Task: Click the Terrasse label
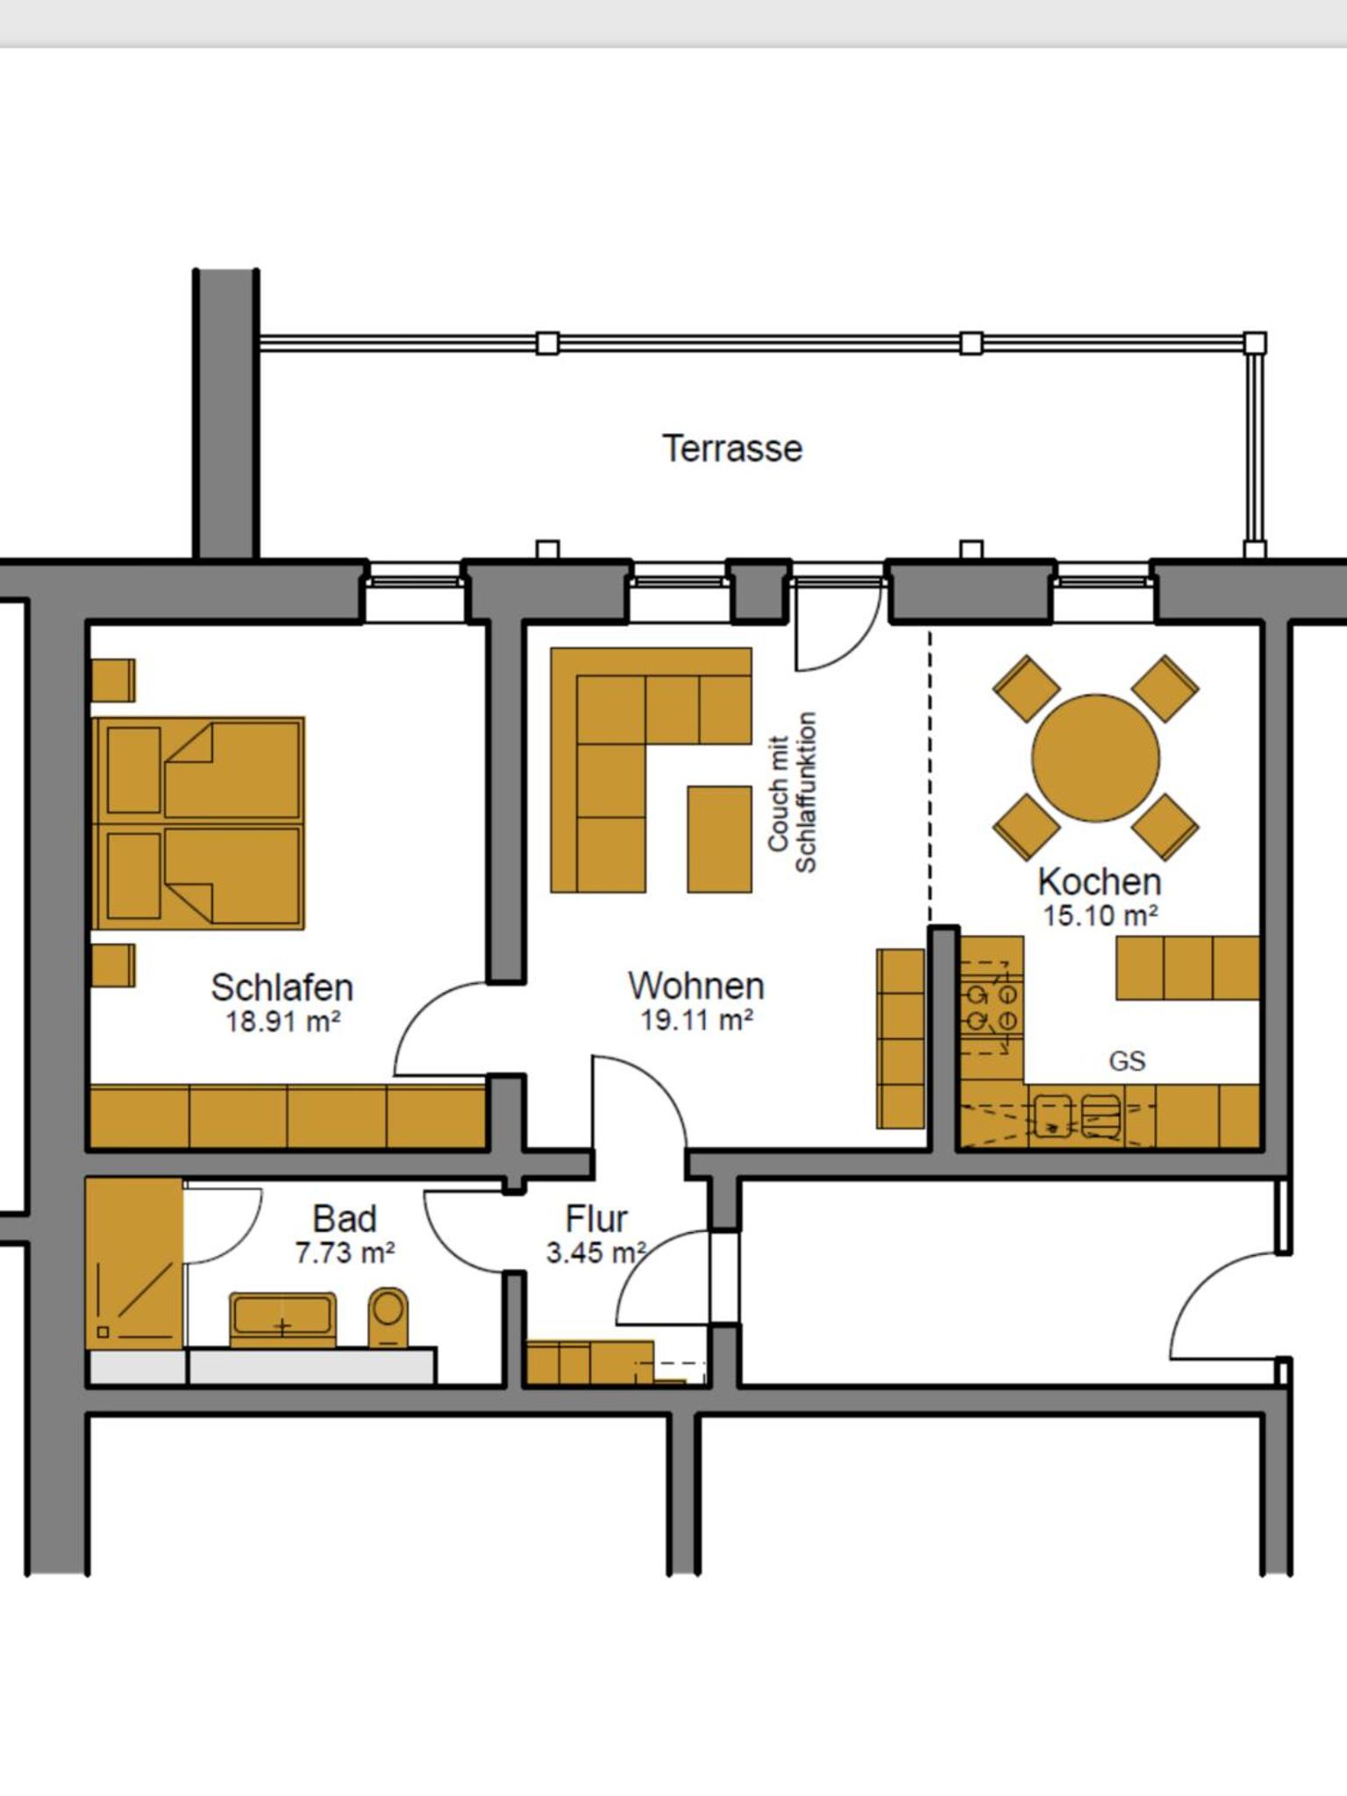[732, 448]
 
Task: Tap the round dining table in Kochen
[1095, 758]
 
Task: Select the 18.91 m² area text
[282, 1022]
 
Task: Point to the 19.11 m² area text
[697, 1020]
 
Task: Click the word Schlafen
[282, 987]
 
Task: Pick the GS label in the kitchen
[1127, 1061]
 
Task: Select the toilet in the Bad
[387, 1316]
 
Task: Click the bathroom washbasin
[282, 1319]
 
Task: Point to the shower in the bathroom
[134, 1264]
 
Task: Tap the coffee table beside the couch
[719, 839]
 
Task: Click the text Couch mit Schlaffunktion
[792, 793]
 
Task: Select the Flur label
[596, 1219]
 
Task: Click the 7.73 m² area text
[345, 1253]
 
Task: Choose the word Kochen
[1100, 881]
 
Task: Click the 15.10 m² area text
[1101, 916]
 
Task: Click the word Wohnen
[696, 986]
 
